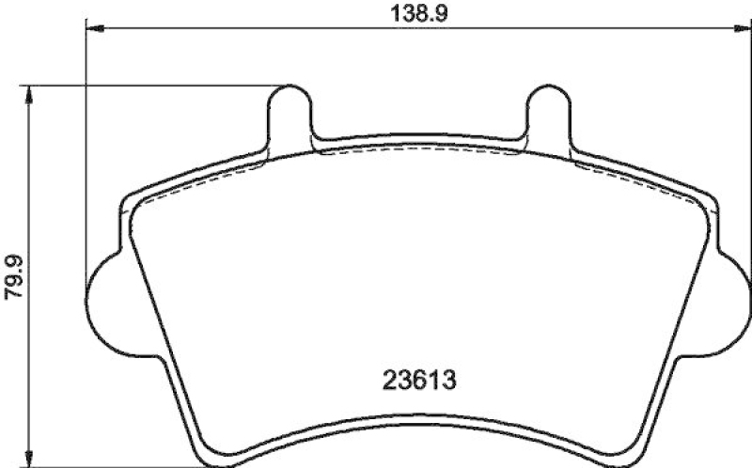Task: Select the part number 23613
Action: click(420, 382)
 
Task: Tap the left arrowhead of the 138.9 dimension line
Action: click(95, 30)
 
